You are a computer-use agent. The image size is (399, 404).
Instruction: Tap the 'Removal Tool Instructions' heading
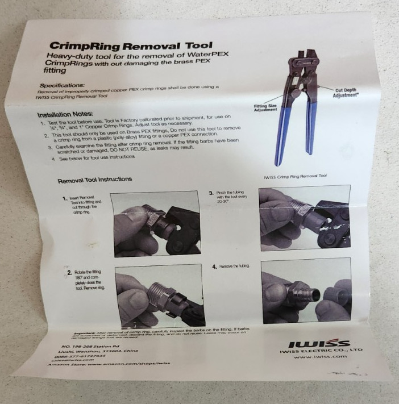point(95,180)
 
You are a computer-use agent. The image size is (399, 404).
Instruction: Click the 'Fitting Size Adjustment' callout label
point(265,108)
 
